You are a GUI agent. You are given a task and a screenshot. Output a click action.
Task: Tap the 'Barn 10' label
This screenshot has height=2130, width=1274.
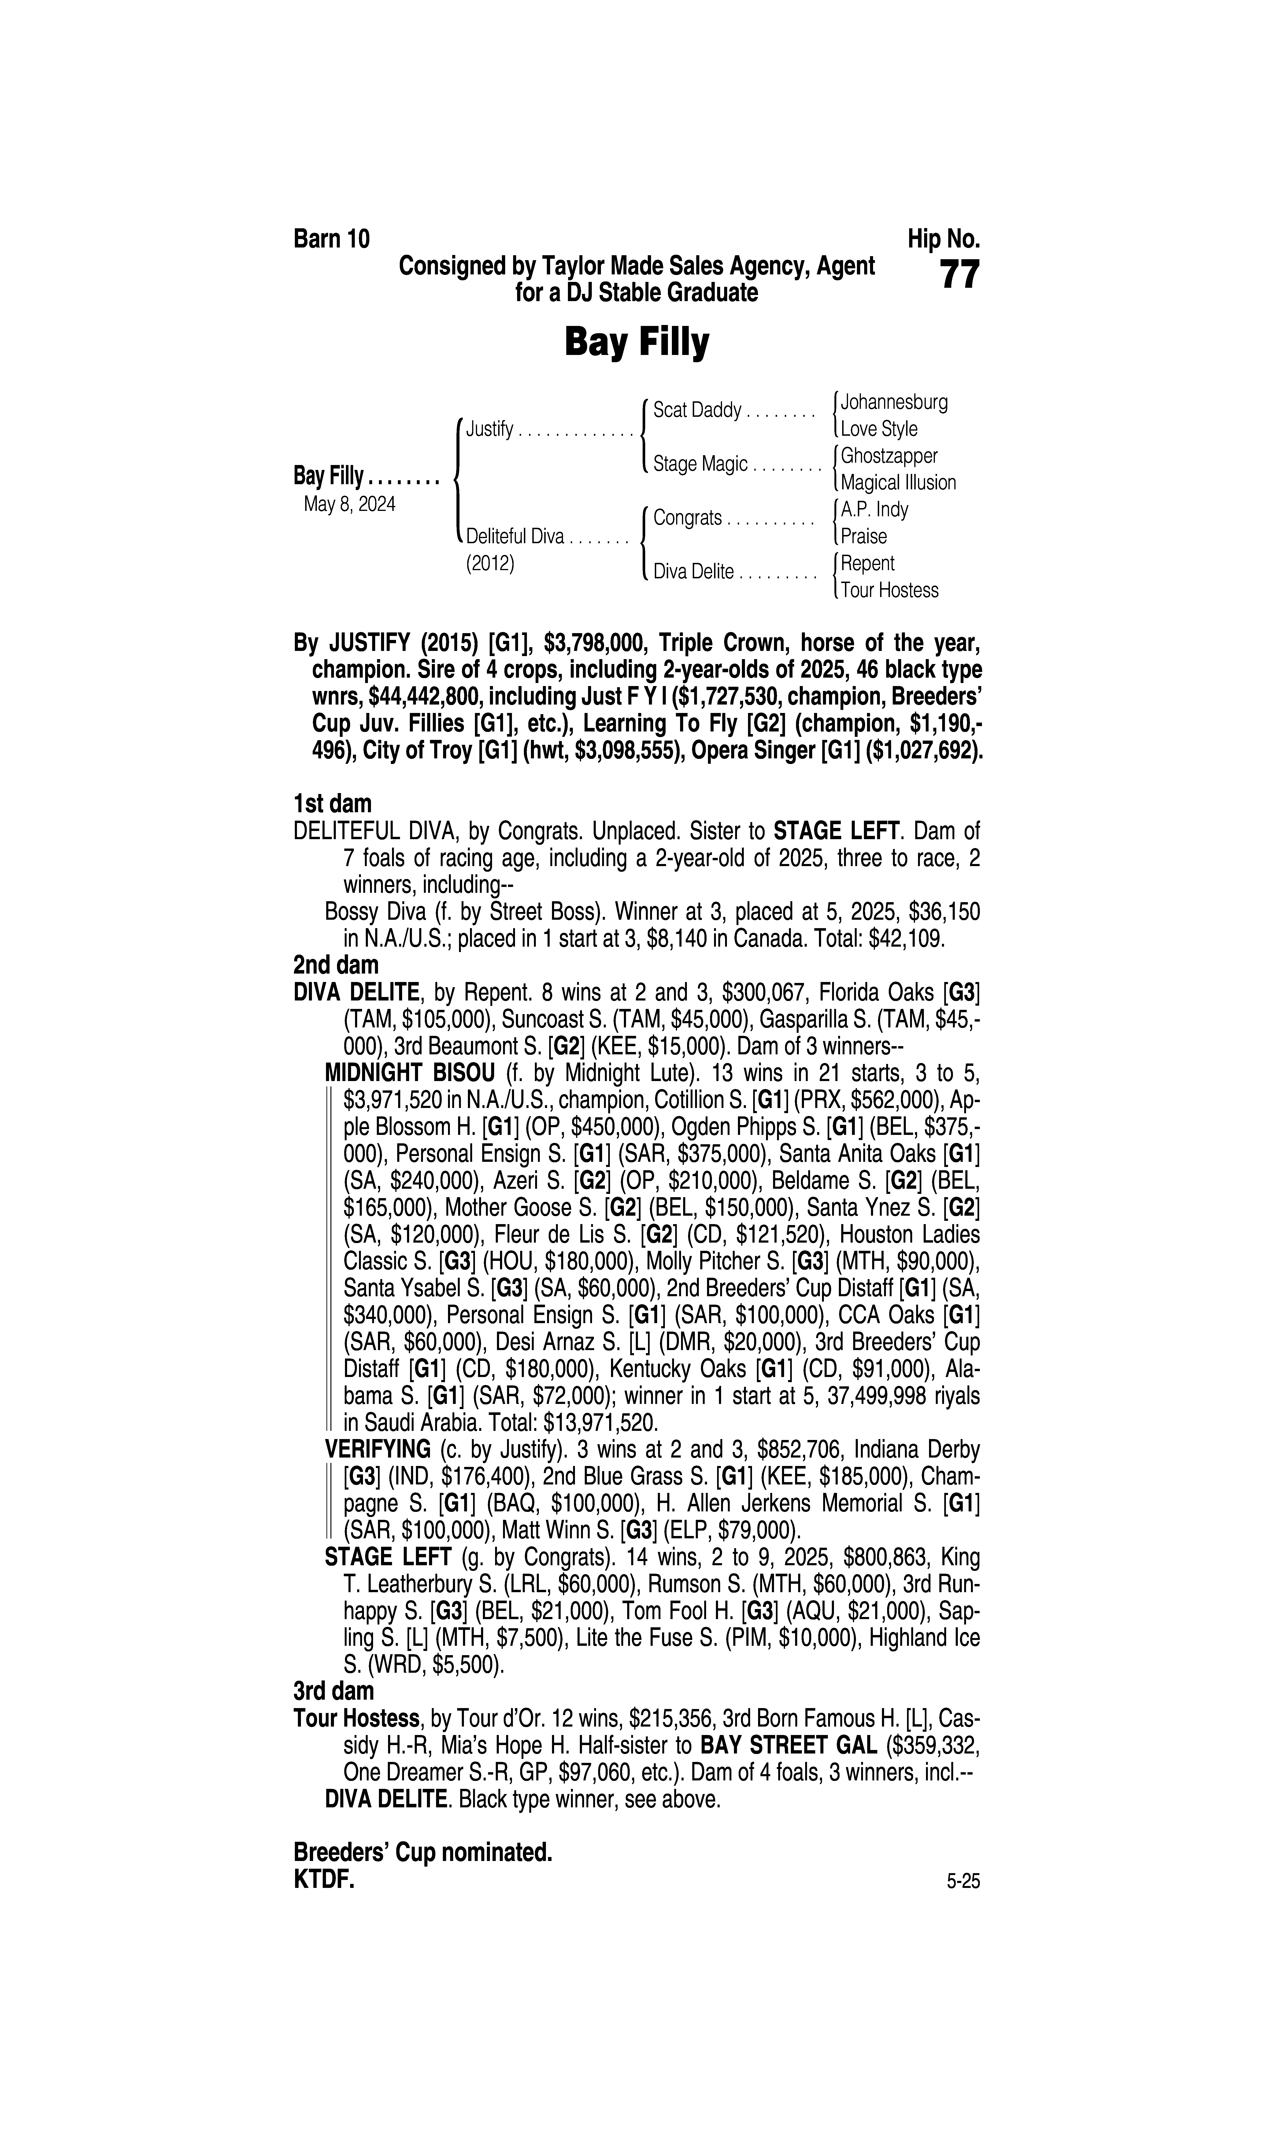(331, 239)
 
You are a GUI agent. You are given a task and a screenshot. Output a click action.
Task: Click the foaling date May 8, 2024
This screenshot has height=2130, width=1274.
(349, 505)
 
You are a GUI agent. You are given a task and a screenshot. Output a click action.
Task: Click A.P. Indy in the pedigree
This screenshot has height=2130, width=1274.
(874, 510)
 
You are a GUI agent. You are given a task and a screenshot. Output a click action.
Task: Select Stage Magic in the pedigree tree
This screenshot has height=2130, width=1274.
(700, 464)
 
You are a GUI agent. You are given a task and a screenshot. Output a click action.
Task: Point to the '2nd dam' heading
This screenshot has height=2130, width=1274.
(336, 965)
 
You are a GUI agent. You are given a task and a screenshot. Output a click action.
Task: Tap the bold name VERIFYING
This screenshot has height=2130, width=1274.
(378, 1450)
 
